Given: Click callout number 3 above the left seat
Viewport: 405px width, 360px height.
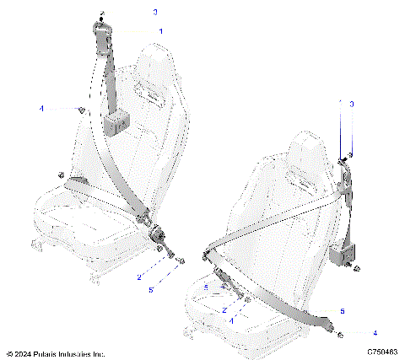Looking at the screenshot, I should coord(154,13).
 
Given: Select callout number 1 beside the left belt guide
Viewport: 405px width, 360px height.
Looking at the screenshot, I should coord(161,30).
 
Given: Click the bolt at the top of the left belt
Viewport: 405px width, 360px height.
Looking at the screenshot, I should coord(101,15).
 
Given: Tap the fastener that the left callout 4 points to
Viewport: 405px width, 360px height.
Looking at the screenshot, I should coord(81,110).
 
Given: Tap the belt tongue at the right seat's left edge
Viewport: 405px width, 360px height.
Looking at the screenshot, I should coord(208,251).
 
